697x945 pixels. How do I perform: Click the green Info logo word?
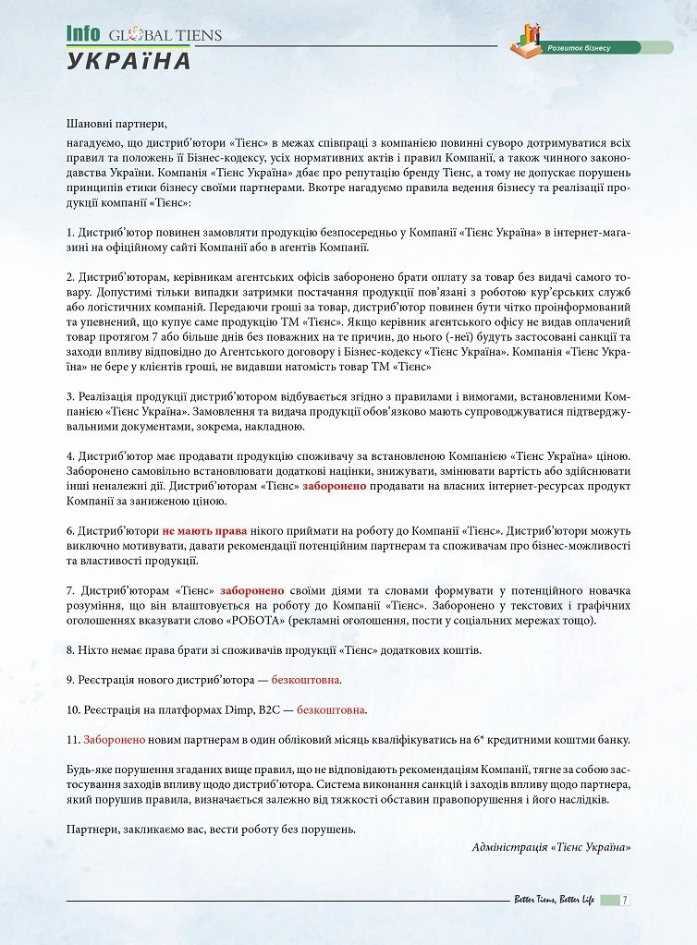(x=83, y=34)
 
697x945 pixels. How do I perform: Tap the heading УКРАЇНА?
(x=129, y=61)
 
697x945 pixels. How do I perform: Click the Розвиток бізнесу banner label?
(x=579, y=47)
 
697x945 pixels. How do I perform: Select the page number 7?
(x=625, y=900)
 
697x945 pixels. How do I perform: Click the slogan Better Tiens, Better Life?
(x=554, y=900)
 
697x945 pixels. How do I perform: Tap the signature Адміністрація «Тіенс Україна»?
(x=551, y=847)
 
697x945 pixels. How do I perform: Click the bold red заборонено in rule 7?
(x=251, y=590)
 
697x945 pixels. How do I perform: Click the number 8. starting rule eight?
(x=70, y=650)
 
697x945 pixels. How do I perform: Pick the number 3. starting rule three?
(x=70, y=396)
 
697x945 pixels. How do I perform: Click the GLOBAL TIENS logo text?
(x=165, y=36)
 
